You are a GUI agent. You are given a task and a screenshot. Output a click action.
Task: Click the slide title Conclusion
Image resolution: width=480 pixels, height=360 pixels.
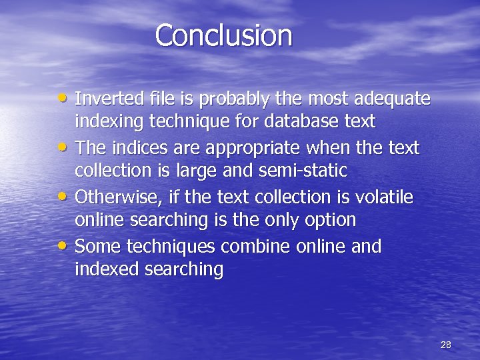pyautogui.click(x=223, y=35)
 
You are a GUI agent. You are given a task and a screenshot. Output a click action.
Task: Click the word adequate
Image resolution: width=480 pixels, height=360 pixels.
pyautogui.click(x=393, y=99)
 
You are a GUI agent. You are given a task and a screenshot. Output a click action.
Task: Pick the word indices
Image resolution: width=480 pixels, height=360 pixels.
pyautogui.click(x=130, y=147)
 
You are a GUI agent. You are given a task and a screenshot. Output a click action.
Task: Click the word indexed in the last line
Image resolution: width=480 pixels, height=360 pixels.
pyautogui.click(x=105, y=270)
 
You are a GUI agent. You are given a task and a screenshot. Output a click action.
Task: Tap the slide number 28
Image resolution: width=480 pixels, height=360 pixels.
pyautogui.click(x=446, y=345)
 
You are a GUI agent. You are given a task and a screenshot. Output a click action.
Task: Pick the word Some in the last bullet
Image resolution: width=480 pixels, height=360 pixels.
pyautogui.click(x=96, y=246)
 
